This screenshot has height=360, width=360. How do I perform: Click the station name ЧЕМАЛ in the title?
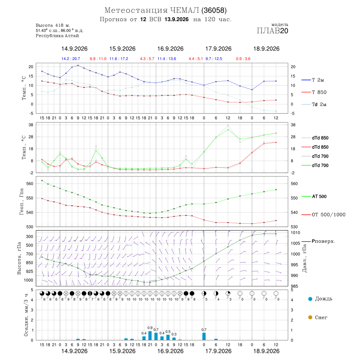coord(184,10)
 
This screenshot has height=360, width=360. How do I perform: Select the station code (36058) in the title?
coord(214,10)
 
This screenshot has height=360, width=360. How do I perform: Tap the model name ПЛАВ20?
coord(272,31)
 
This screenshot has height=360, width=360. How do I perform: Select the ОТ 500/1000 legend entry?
coord(323,215)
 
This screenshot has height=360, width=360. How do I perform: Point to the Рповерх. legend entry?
coord(318,241)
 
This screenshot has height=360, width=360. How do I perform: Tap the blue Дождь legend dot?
coord(310,299)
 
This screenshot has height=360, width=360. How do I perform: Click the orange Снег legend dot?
coord(310,317)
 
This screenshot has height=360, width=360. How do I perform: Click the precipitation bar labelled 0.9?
coord(150,336)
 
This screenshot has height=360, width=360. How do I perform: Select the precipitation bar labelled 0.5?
coord(168,338)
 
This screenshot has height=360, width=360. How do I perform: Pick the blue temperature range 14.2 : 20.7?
coord(71,59)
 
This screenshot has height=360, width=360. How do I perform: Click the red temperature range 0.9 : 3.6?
coord(243,59)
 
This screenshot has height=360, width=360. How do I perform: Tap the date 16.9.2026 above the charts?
coord(170,49)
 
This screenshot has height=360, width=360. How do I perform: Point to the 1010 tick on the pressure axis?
coord(296,232)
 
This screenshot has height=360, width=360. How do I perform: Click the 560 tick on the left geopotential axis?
coord(30,184)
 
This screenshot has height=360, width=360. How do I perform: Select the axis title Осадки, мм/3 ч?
coord(26,315)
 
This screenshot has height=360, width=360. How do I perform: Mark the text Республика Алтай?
coord(57,36)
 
